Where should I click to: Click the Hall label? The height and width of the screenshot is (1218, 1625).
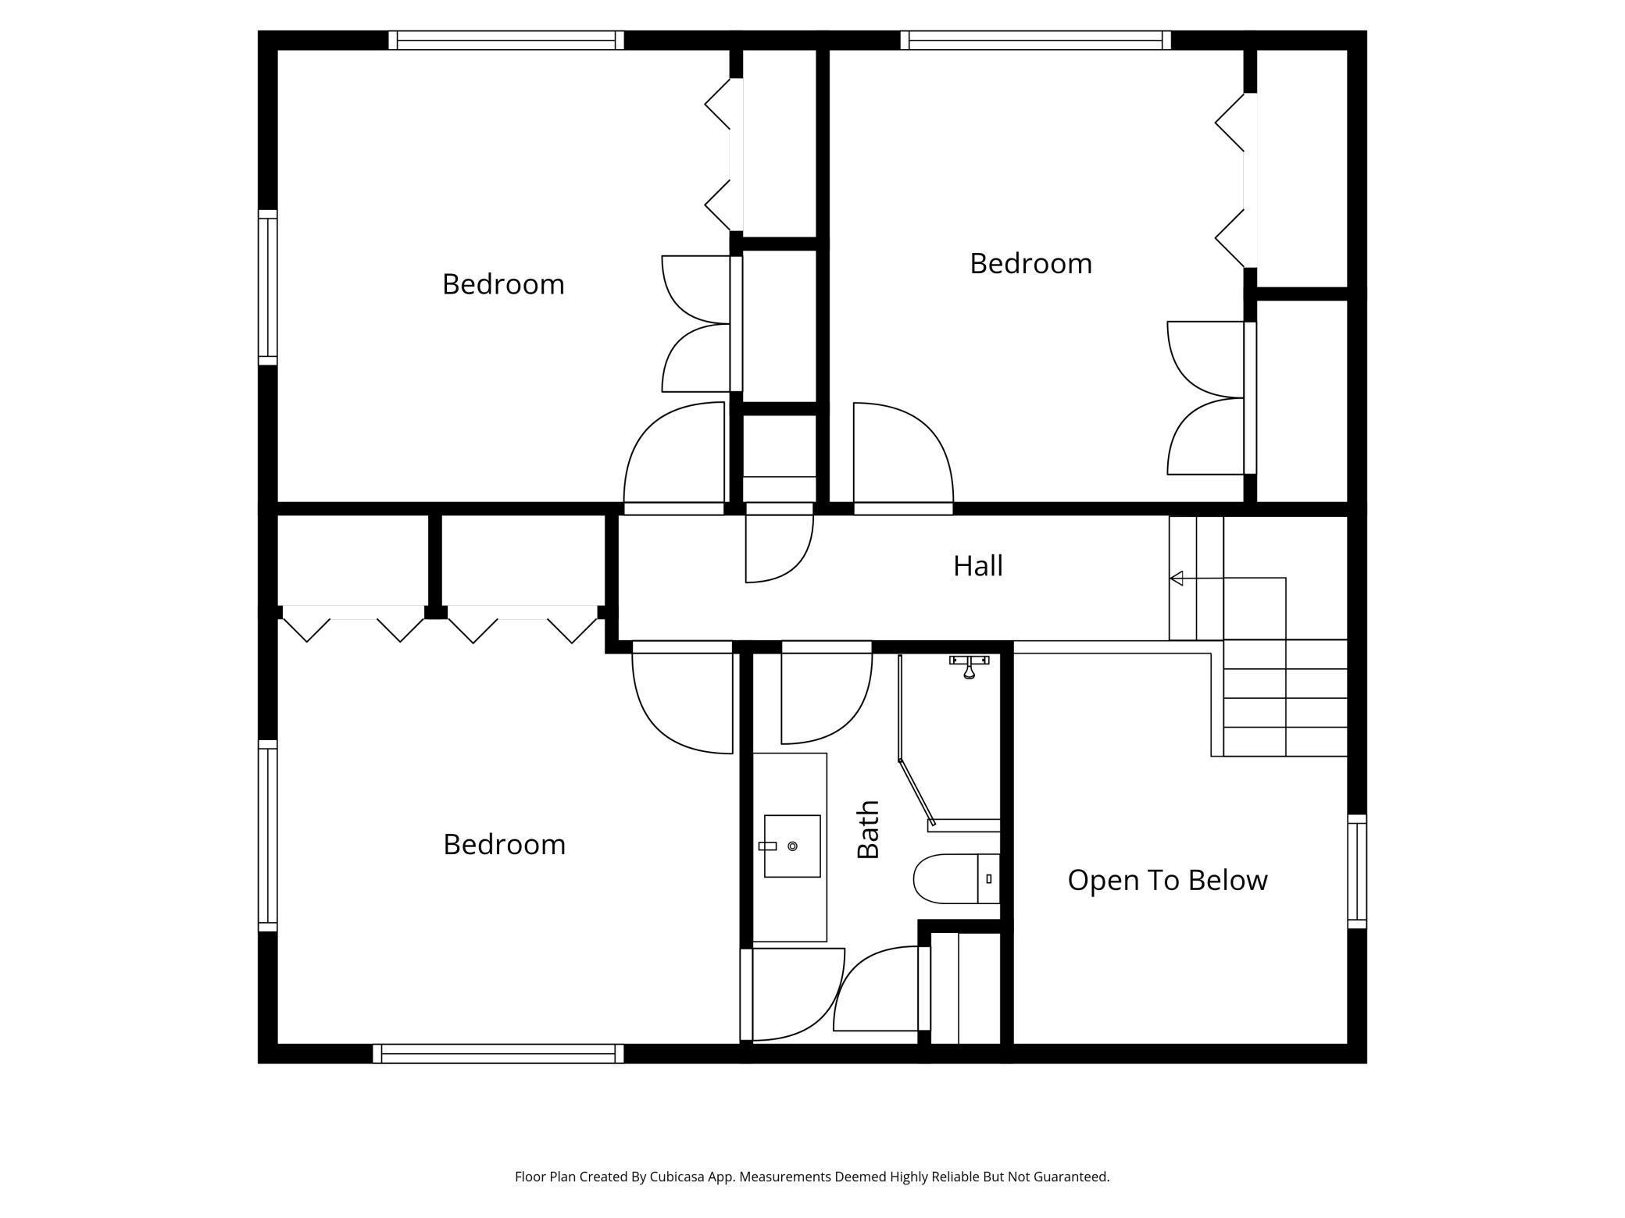(977, 566)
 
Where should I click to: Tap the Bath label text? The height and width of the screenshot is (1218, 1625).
(868, 829)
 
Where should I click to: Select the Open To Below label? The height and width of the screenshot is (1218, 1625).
(1167, 880)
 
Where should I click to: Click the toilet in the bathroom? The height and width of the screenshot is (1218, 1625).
(956, 878)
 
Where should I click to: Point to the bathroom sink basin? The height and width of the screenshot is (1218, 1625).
(792, 846)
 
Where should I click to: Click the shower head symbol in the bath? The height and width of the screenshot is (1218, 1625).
(969, 667)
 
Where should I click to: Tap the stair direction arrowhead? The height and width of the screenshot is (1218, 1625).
(1176, 579)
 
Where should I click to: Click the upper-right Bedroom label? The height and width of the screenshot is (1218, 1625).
(1030, 263)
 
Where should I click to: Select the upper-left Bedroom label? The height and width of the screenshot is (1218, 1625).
(503, 284)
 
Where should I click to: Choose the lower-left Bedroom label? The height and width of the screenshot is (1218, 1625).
(504, 844)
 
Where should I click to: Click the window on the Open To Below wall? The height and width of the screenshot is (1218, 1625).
(1358, 871)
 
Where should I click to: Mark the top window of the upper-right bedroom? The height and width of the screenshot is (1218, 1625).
(1035, 40)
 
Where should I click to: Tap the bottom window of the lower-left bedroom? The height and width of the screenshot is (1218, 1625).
(498, 1053)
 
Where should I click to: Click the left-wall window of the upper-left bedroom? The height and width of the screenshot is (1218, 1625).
(267, 287)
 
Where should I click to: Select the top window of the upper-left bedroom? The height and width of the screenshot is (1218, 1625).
(506, 40)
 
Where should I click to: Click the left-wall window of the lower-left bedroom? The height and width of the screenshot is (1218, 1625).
(267, 835)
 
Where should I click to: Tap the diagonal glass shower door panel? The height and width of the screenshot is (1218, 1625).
(916, 792)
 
